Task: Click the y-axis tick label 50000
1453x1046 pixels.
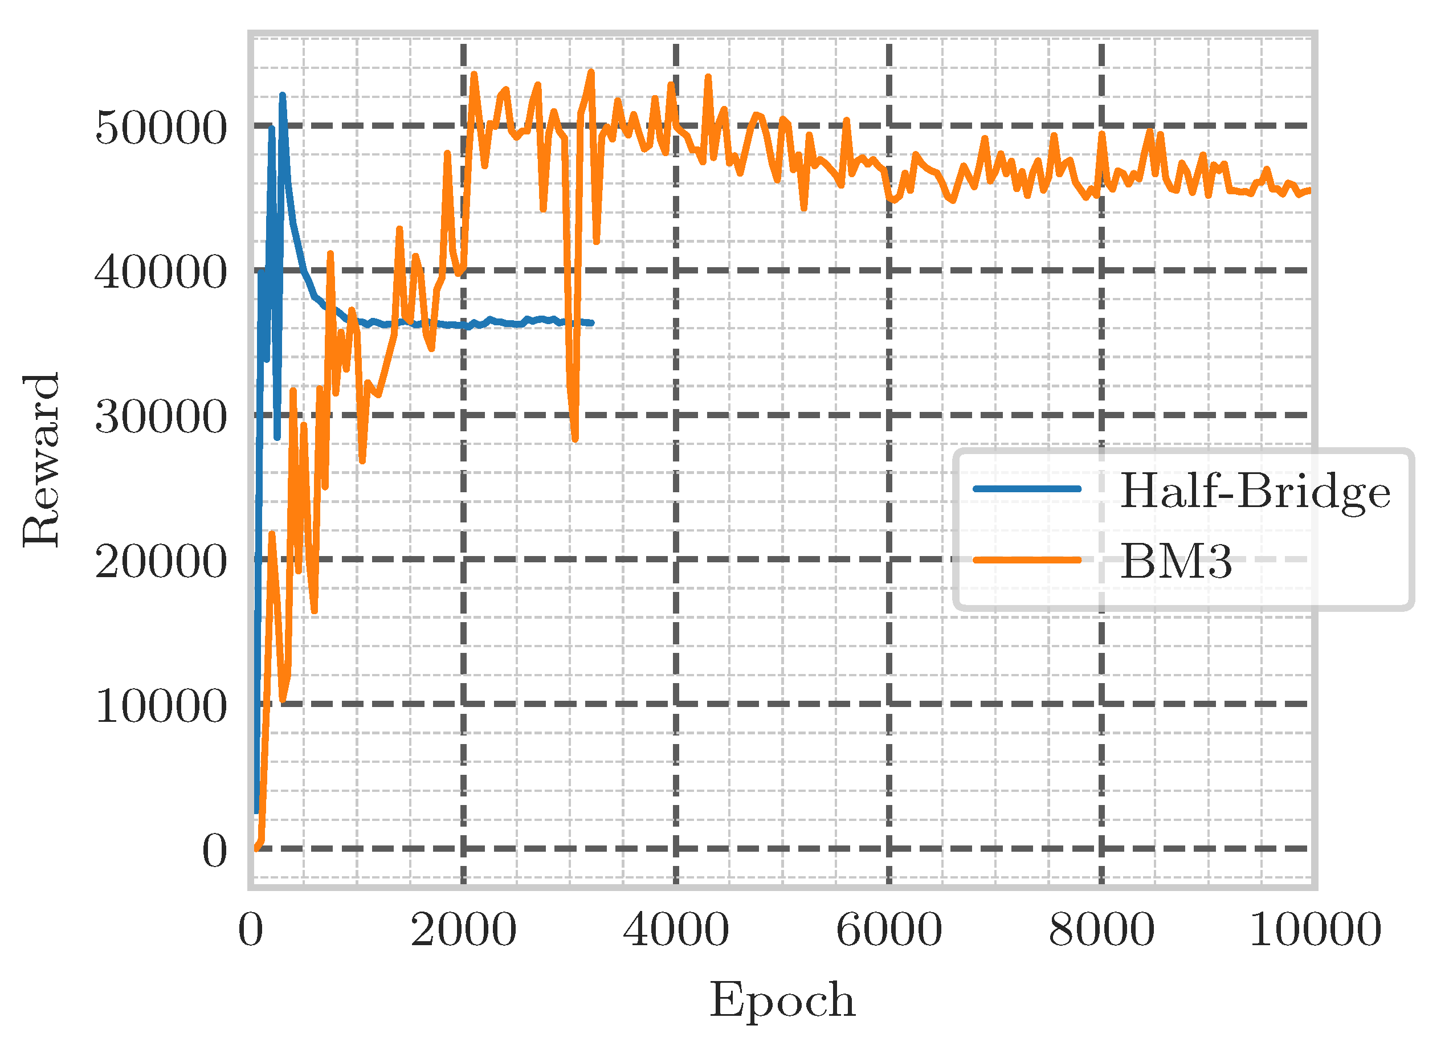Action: tap(161, 128)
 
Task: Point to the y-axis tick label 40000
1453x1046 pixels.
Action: tap(161, 272)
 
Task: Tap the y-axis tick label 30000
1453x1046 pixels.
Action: tap(161, 417)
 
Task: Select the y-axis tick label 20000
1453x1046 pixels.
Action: tap(161, 562)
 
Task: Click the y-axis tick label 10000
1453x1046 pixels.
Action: tap(161, 706)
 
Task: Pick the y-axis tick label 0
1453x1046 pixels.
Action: tap(215, 851)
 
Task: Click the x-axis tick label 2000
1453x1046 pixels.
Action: tap(463, 930)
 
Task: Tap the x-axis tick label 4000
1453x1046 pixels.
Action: tap(676, 930)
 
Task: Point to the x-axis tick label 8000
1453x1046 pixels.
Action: tap(1101, 930)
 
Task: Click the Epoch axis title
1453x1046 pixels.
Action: tap(782, 1000)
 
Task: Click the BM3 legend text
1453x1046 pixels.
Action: tap(1176, 561)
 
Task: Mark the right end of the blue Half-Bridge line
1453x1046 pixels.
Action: tap(591, 324)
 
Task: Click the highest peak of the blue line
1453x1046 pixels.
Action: tap(283, 96)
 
